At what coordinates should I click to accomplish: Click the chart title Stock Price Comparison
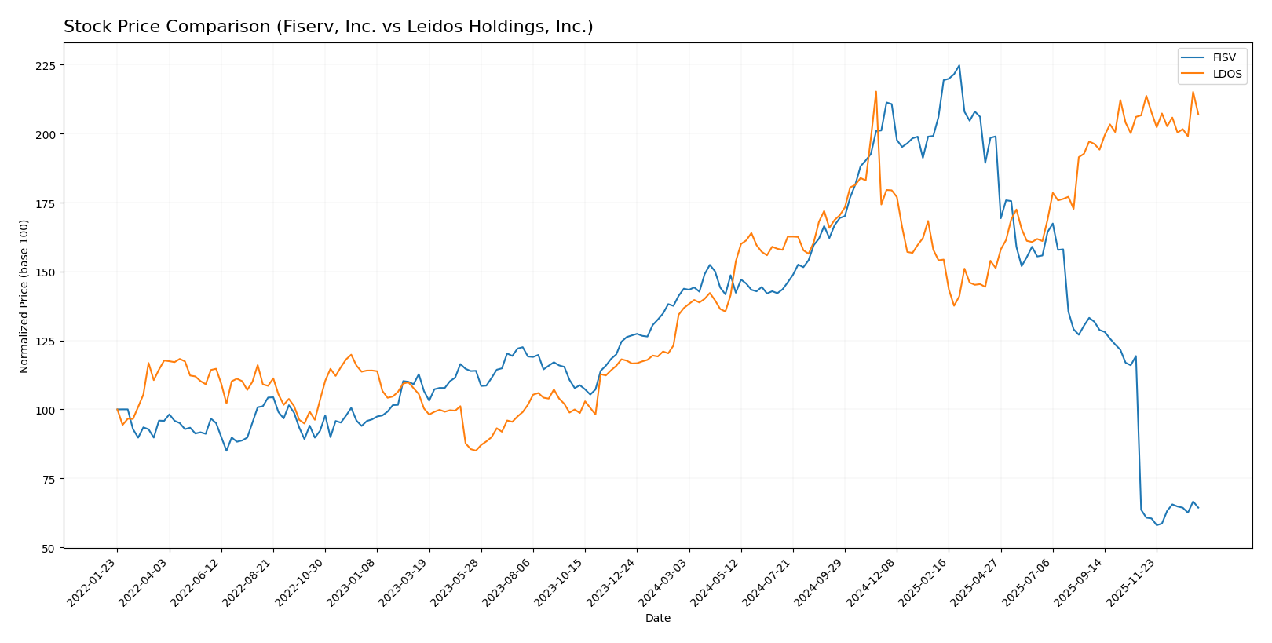[x=328, y=27]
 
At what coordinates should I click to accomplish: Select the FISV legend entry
[x=1223, y=58]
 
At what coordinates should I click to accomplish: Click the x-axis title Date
[x=657, y=619]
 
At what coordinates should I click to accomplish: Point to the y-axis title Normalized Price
[x=24, y=296]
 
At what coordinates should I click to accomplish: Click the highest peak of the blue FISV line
[x=959, y=66]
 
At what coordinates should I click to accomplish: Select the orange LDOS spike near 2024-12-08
[x=875, y=92]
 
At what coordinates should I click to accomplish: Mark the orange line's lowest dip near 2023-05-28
[x=476, y=451]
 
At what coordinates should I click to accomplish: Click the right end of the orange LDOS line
[x=1198, y=115]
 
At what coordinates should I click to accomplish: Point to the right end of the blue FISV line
[x=1198, y=508]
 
